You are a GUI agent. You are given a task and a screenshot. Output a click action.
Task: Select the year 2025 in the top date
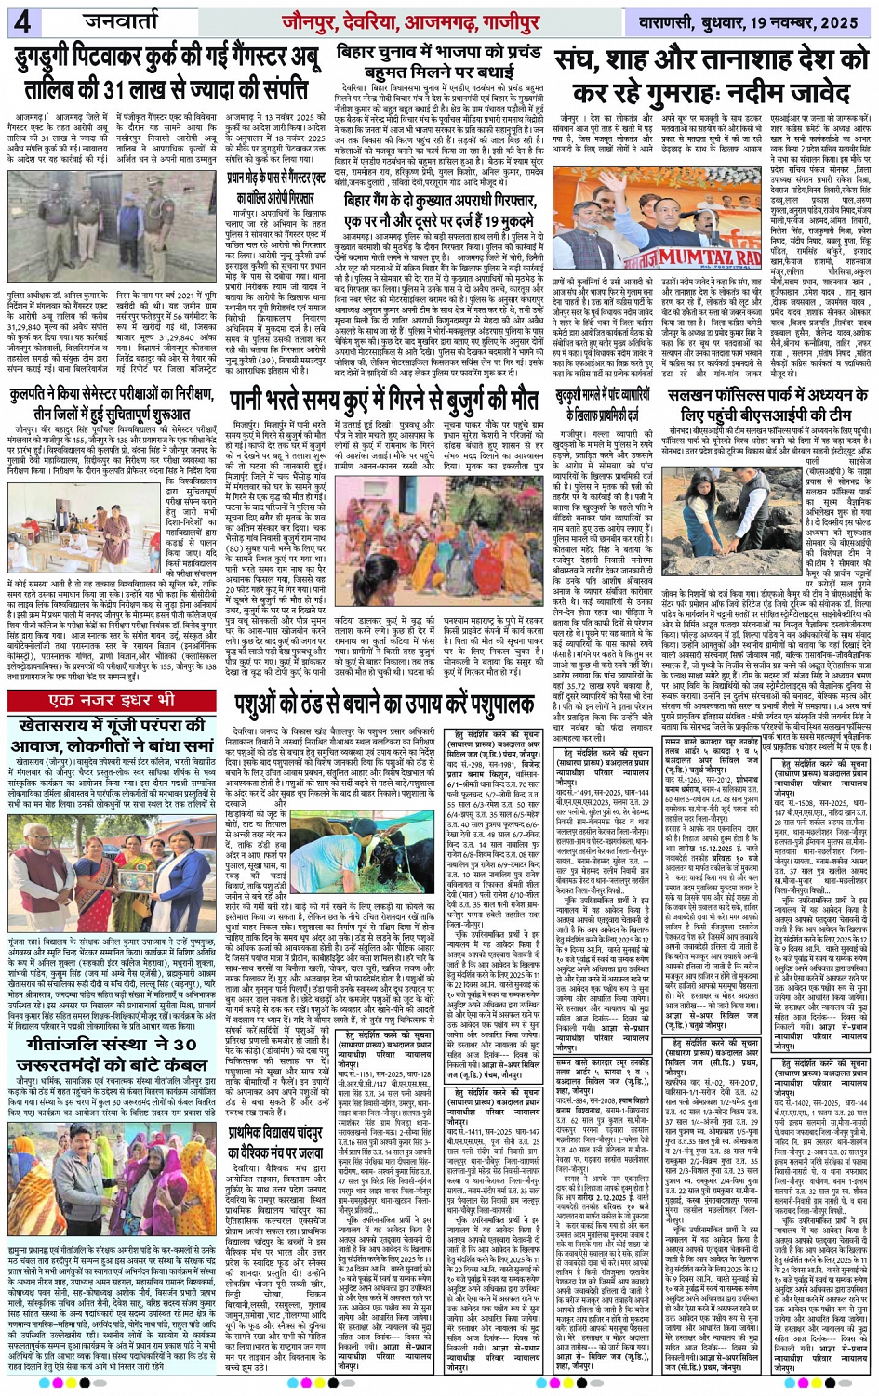[x=841, y=20]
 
